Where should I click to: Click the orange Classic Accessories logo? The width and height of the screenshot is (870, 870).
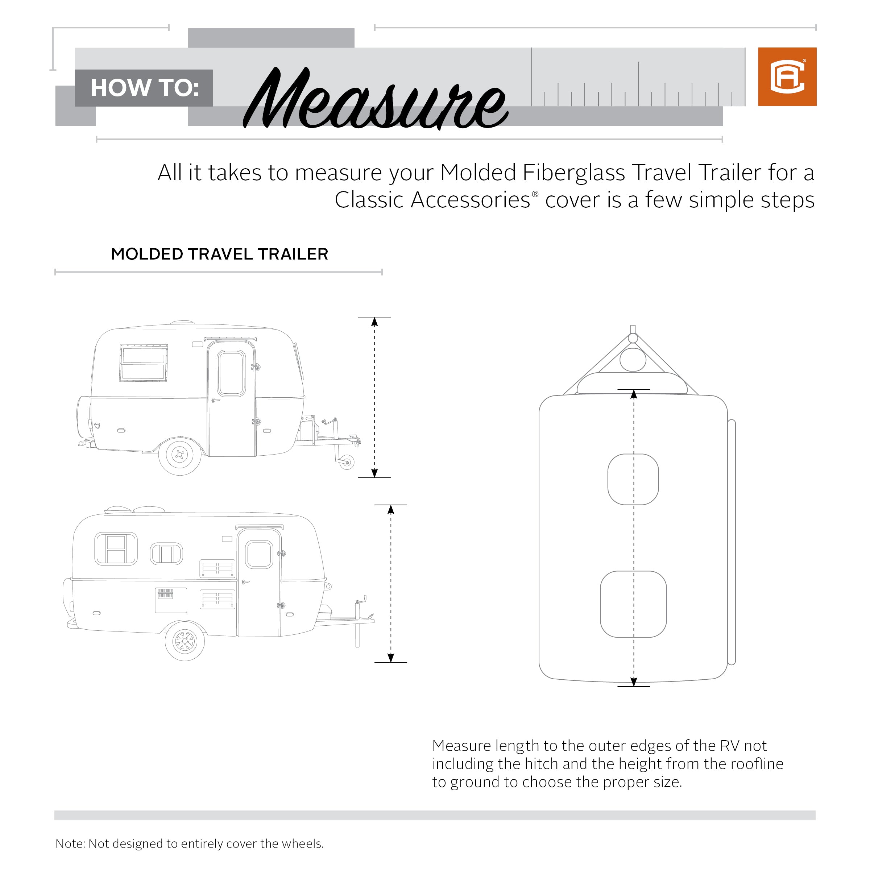[787, 76]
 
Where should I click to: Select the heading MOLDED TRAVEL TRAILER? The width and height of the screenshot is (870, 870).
[219, 254]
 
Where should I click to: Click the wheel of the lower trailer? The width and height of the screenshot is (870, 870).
[185, 641]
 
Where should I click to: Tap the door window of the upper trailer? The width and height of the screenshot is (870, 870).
[231, 373]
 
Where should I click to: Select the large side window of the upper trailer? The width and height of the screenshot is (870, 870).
[144, 363]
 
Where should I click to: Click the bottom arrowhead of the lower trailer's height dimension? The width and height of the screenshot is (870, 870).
[391, 658]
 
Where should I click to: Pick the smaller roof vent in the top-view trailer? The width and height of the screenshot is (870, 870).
[633, 479]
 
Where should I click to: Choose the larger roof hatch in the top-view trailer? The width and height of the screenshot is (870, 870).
[633, 604]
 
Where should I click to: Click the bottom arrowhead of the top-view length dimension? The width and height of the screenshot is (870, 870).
[634, 682]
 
